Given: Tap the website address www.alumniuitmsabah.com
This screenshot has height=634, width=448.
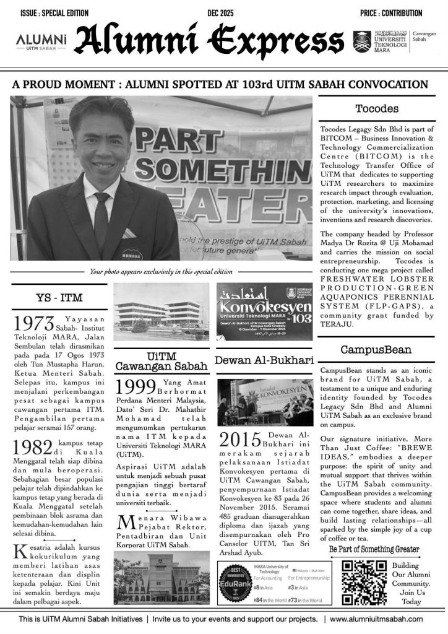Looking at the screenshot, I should [x=376, y=619].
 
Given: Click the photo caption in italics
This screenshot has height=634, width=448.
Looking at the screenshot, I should [x=161, y=271].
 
